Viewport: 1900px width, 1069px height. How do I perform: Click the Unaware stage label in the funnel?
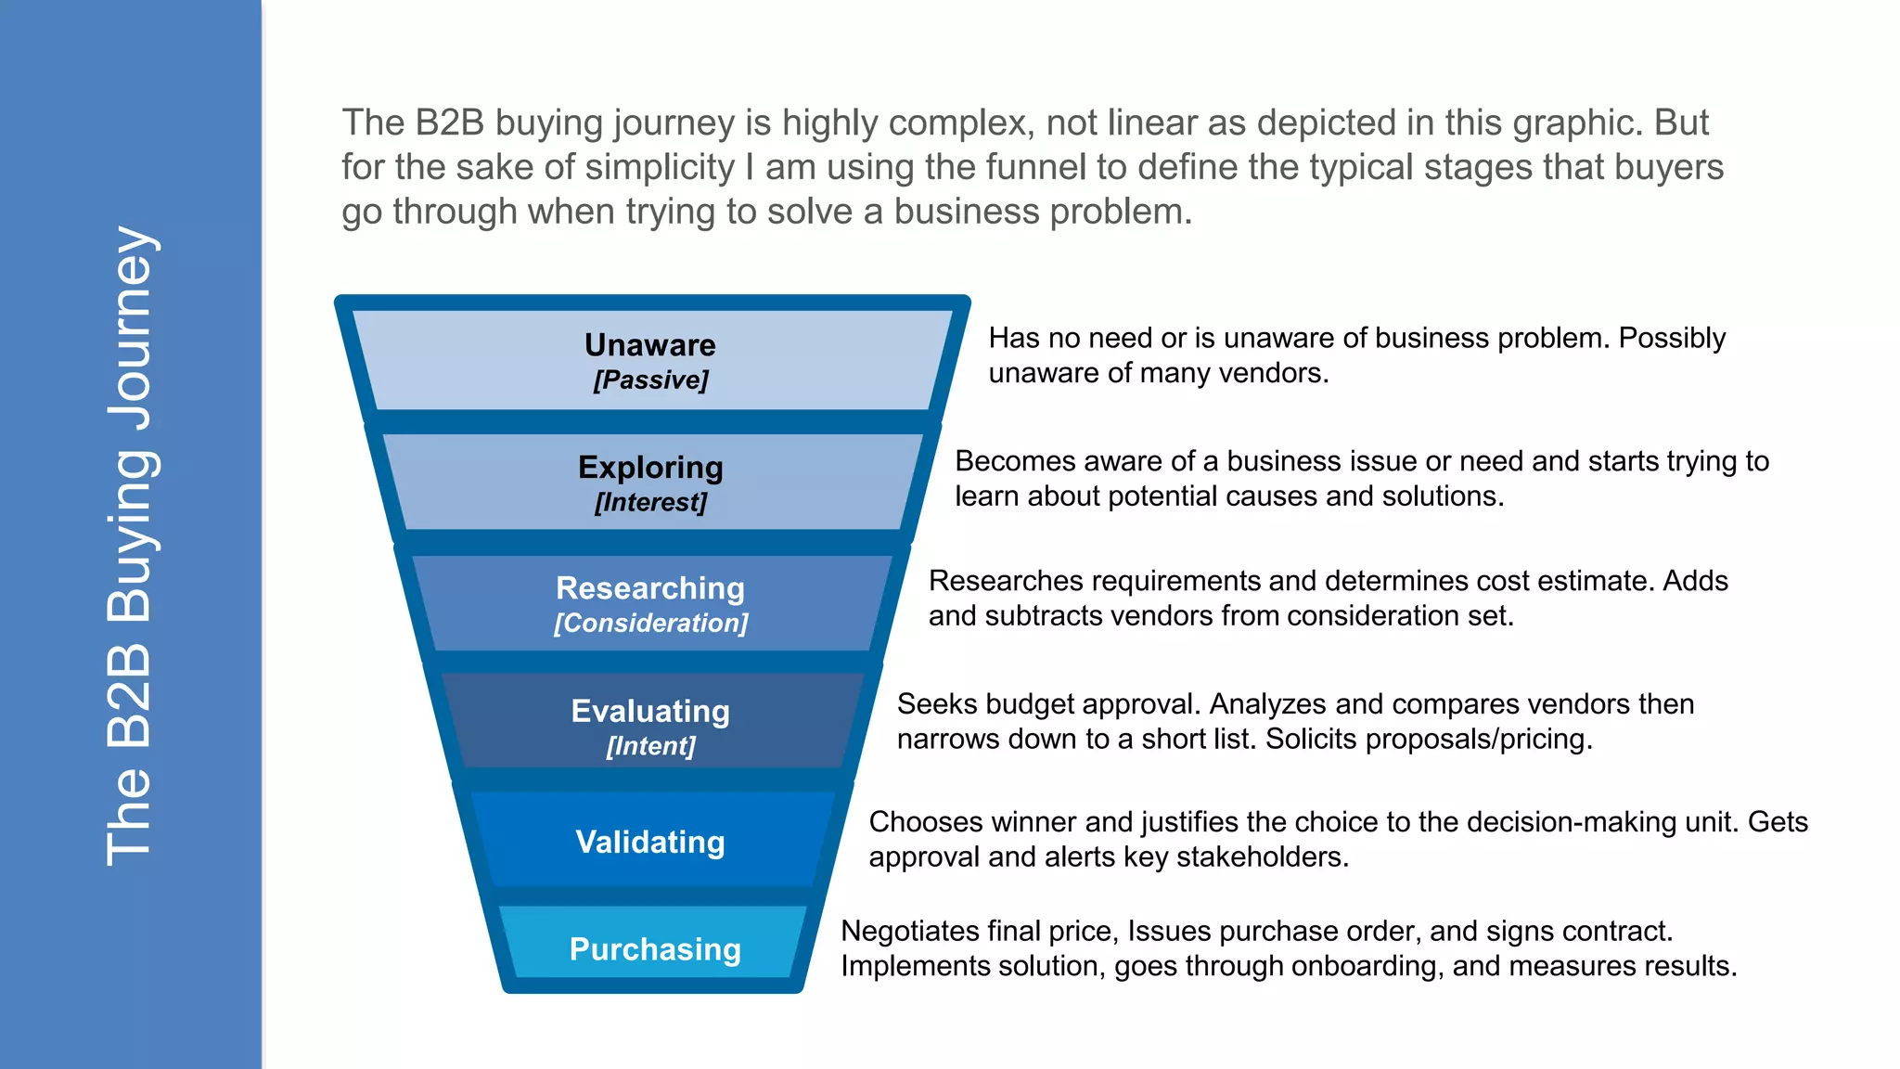650,345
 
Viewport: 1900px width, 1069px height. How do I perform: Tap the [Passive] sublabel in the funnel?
650,380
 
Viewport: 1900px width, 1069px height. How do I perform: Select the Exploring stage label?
650,468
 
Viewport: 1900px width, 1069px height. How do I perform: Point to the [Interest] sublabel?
650,503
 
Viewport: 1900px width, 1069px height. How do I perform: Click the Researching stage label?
650,588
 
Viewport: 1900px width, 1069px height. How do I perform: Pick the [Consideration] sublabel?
650,624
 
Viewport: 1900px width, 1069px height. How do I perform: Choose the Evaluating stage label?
650,712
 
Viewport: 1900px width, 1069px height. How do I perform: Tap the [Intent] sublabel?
650,746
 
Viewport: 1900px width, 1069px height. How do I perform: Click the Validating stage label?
650,843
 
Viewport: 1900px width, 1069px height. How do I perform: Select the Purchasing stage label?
655,949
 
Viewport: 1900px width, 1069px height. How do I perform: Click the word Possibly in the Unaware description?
1672,339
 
